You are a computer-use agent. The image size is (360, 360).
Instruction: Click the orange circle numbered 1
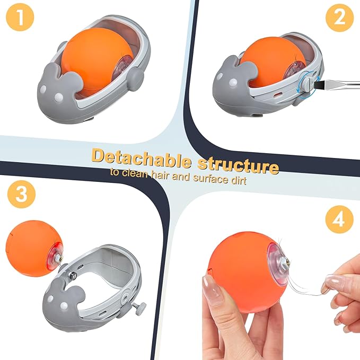[x=20, y=17]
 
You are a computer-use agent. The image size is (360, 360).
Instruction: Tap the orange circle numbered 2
[x=339, y=17]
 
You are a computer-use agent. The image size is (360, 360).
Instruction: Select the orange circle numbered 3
[x=21, y=194]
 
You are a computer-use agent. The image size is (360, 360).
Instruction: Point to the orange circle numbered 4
[x=339, y=219]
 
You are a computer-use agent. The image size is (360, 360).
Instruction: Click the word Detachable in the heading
[x=141, y=158]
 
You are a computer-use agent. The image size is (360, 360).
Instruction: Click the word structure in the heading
[x=238, y=165]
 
